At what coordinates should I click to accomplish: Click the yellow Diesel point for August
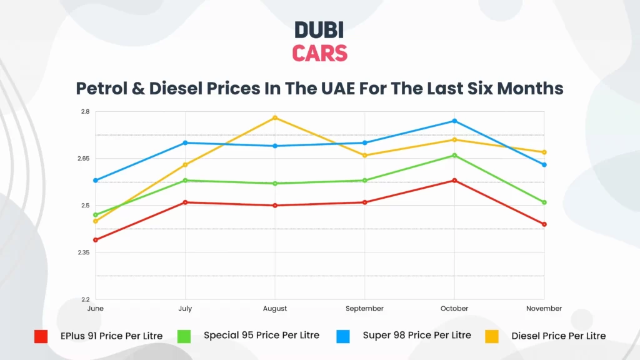click(275, 117)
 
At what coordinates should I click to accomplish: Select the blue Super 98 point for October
click(454, 121)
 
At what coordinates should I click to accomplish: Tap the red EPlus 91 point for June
click(96, 240)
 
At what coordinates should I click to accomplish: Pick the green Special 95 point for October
click(454, 155)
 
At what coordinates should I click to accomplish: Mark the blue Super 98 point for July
click(185, 142)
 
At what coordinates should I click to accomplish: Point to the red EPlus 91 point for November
click(544, 224)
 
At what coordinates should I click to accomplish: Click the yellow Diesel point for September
click(364, 155)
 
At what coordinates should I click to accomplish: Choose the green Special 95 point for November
click(544, 202)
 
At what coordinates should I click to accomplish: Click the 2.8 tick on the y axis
click(85, 112)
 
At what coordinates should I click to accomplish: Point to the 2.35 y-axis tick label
click(83, 252)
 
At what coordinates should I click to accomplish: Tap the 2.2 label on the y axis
click(85, 299)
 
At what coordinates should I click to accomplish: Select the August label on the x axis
click(275, 309)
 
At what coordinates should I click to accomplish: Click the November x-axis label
click(544, 309)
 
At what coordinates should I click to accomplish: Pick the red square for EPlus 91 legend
click(41, 336)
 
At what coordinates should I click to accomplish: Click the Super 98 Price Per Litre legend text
click(417, 335)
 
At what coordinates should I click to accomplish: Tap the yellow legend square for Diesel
click(492, 336)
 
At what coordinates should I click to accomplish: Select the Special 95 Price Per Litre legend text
click(261, 335)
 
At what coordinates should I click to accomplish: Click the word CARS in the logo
click(319, 53)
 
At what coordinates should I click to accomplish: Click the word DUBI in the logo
click(319, 30)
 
